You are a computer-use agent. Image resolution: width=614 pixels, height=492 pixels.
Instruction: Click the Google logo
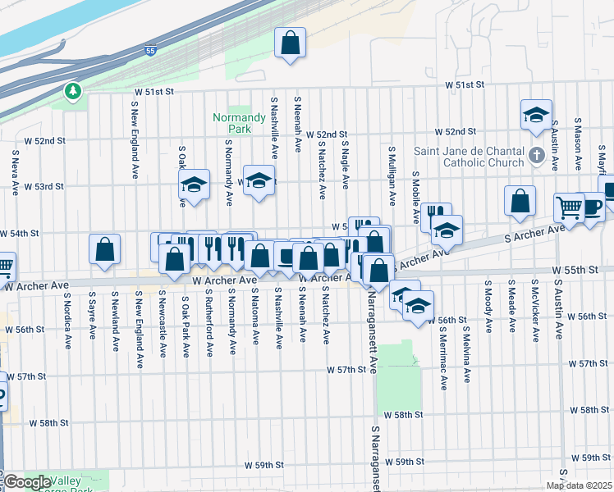27,481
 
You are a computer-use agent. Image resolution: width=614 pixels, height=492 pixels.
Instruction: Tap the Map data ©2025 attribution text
579,485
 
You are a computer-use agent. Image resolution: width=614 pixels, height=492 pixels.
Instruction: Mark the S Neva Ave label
16,172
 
